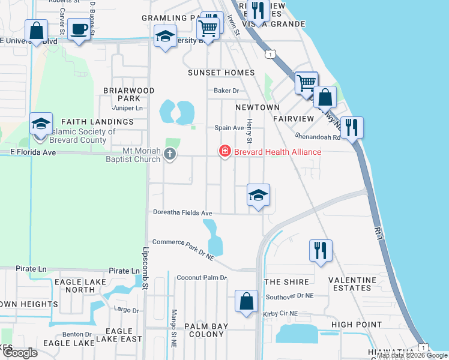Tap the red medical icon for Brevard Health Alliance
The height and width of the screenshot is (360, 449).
click(225, 151)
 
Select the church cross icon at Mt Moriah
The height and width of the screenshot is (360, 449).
click(170, 155)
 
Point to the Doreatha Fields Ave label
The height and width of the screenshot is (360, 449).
click(182, 213)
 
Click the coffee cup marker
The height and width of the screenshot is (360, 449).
click(79, 29)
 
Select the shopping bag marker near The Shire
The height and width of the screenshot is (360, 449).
click(247, 301)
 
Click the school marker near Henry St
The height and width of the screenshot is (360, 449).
click(259, 195)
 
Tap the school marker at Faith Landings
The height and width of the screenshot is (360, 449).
click(41, 124)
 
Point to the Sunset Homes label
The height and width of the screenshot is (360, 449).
click(221, 73)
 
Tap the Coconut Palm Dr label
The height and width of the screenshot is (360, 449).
click(202, 278)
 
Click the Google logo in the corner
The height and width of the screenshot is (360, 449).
click(20, 353)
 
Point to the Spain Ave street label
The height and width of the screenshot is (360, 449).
click(229, 128)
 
